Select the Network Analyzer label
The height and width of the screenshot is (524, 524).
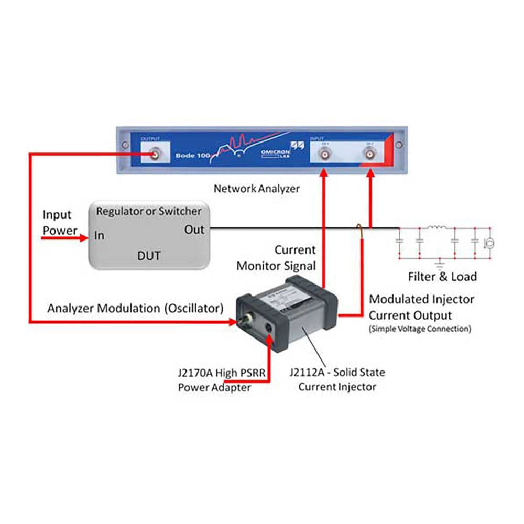click(x=257, y=189)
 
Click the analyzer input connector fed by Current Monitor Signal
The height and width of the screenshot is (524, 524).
click(x=325, y=156)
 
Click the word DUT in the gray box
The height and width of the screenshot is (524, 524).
click(x=149, y=256)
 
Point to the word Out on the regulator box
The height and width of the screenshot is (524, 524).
click(x=194, y=230)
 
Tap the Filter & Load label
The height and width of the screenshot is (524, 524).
click(x=443, y=277)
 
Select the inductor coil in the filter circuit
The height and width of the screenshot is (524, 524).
click(x=436, y=228)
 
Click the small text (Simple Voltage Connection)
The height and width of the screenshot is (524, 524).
click(x=420, y=329)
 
